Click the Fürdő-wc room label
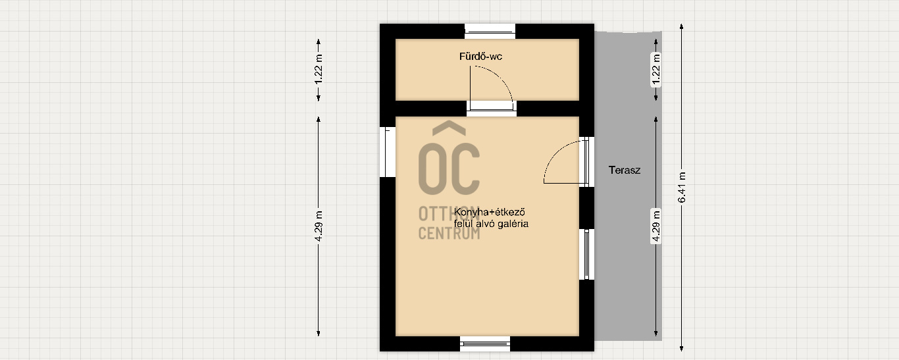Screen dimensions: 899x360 pyautogui.click(x=480, y=57)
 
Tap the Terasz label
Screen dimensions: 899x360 pyautogui.click(x=624, y=170)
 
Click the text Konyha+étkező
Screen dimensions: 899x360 pyautogui.click(x=489, y=212)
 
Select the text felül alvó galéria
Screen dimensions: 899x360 pyautogui.click(x=491, y=224)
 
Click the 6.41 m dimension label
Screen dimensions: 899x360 pyautogui.click(x=681, y=188)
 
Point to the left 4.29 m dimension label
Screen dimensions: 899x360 pyautogui.click(x=319, y=226)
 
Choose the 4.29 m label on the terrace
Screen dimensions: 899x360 pyautogui.click(x=655, y=226)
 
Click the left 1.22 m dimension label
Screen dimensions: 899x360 pyautogui.click(x=319, y=69)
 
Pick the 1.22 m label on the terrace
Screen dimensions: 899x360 pyautogui.click(x=655, y=69)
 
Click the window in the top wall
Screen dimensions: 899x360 pyautogui.click(x=490, y=32)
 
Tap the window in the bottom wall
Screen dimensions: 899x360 pyautogui.click(x=485, y=344)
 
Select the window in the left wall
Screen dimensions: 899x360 pyautogui.click(x=388, y=152)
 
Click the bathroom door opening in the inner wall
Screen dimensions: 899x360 pyautogui.click(x=491, y=109)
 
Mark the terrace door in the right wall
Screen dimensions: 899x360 pyautogui.click(x=586, y=162)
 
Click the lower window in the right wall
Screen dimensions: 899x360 pyautogui.click(x=586, y=255)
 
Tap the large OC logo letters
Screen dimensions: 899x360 pyautogui.click(x=449, y=168)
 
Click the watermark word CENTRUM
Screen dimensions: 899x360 pyautogui.click(x=449, y=234)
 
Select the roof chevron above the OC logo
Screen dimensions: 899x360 pyautogui.click(x=449, y=127)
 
